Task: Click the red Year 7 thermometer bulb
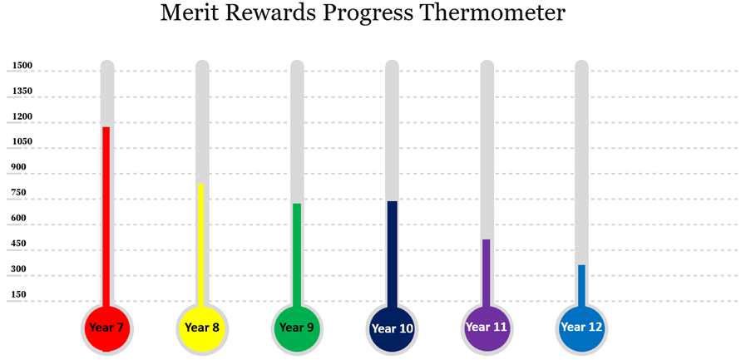(x=106, y=329)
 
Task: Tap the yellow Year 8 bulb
(x=201, y=329)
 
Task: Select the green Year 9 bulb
(x=296, y=329)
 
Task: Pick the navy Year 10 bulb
(x=392, y=329)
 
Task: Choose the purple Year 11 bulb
(x=487, y=329)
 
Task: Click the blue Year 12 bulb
(x=581, y=329)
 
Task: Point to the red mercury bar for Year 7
(x=106, y=217)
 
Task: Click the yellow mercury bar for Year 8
(x=201, y=245)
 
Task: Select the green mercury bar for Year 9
(x=297, y=255)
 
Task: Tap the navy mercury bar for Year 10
(x=393, y=254)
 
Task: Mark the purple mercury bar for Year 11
(x=487, y=274)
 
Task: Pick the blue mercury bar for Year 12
(x=581, y=286)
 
